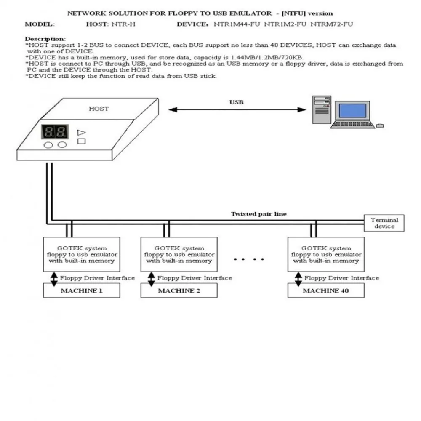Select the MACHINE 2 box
pos(179,290)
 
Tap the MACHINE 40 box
pos(326,290)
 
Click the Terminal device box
pos(384,223)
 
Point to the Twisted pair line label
pos(258,214)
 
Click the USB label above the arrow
pos(236,102)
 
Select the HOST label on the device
pos(99,109)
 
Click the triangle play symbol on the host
pos(81,132)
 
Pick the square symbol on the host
pos(82,141)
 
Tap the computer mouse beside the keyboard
pos(380,125)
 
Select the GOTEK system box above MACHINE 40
pos(326,254)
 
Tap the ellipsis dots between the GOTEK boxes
pos(249,259)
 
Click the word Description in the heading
pos(45,39)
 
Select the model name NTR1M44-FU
pos(237,24)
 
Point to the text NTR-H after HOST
pos(124,24)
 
